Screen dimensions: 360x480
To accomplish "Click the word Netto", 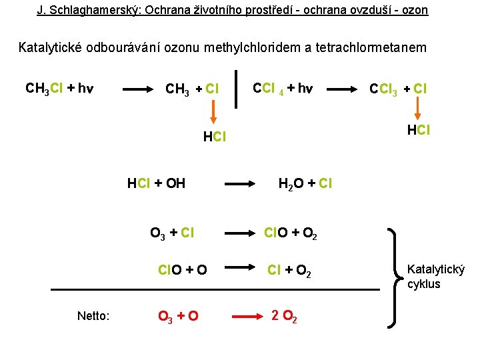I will (x=93, y=316).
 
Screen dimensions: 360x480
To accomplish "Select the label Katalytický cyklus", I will (x=435, y=277).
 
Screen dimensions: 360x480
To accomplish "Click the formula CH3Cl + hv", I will (x=59, y=88).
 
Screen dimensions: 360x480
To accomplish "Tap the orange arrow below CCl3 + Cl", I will (x=417, y=109).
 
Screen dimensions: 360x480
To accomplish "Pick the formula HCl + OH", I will (x=156, y=183).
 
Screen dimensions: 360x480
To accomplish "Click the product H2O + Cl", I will (x=305, y=183).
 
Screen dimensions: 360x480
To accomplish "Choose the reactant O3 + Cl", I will (x=172, y=233).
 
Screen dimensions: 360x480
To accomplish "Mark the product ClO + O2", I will (x=291, y=233).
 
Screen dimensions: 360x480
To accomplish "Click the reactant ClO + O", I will (x=182, y=270).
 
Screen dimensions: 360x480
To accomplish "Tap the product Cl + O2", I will (x=290, y=270).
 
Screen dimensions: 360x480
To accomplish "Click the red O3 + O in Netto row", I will (x=177, y=316).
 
